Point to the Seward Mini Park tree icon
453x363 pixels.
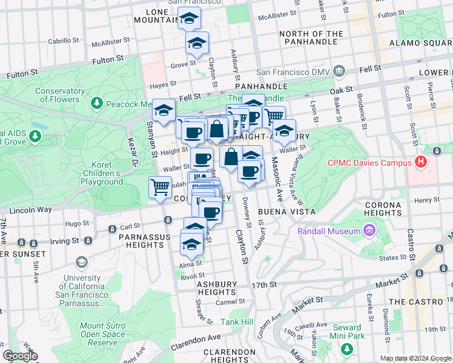click(346, 349)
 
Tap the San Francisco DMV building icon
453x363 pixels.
click(340, 72)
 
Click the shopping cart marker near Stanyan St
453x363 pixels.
click(160, 186)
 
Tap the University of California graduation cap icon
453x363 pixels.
click(81, 262)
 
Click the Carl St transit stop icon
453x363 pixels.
click(112, 229)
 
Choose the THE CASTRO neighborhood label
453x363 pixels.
click(417, 301)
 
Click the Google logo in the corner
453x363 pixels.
click(20, 356)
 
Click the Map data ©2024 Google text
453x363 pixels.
click(415, 358)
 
